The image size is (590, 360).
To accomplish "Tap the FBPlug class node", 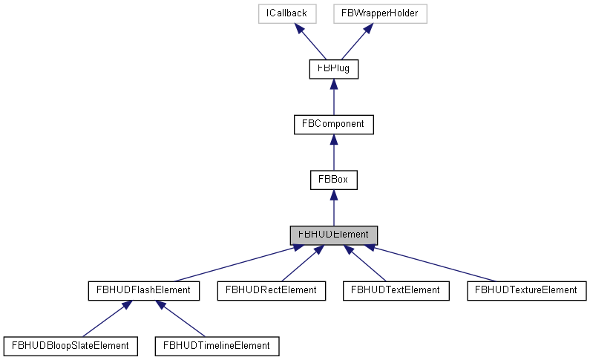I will point(333,69).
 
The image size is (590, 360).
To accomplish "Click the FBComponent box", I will point(333,124).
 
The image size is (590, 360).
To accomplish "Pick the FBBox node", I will point(333,180).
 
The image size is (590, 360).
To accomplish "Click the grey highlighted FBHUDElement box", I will point(333,235).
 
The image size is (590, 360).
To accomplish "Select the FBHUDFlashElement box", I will point(143,290).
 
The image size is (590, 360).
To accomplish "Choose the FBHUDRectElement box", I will point(271,290).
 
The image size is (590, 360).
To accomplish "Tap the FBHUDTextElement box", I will point(396,290).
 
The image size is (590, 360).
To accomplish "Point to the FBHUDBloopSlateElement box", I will point(71,345).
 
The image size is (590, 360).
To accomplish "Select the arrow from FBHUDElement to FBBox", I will point(333,207).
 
